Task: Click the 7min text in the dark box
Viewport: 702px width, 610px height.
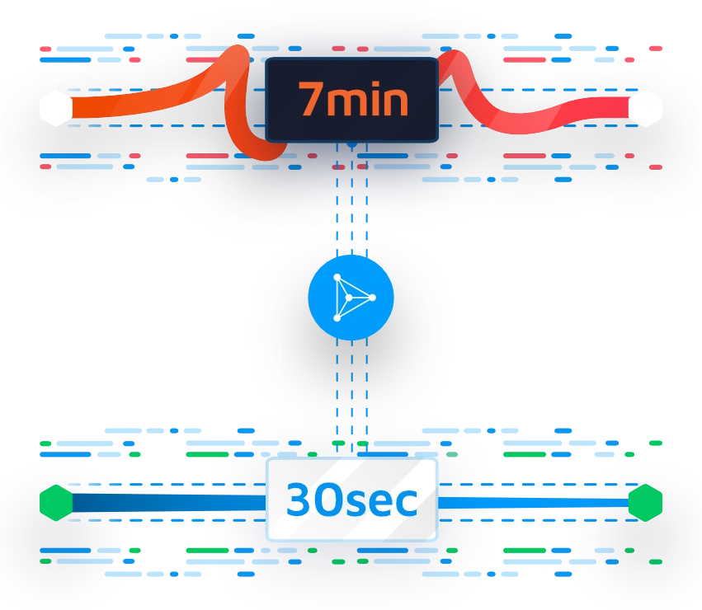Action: pos(353,100)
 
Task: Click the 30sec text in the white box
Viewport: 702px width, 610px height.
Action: pos(352,500)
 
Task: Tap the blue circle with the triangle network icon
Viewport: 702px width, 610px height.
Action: pos(351,298)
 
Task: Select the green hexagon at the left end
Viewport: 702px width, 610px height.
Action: pos(56,503)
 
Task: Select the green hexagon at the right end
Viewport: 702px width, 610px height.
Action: pos(645,503)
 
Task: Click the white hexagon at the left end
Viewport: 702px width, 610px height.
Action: pos(56,108)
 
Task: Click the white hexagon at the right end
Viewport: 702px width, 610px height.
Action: pos(645,108)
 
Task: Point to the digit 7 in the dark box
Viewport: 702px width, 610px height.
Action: pos(311,100)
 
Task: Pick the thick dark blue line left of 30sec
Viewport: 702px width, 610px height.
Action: pos(169,503)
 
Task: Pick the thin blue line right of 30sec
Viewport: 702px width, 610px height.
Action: pos(533,503)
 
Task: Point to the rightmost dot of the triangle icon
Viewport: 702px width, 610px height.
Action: pos(372,297)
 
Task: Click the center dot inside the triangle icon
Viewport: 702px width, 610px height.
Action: pos(349,298)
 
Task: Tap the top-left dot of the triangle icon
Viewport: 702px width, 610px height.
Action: pos(337,277)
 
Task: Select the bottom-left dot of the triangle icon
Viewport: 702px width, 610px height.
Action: pos(337,317)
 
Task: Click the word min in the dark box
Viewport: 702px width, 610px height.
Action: pos(367,101)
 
